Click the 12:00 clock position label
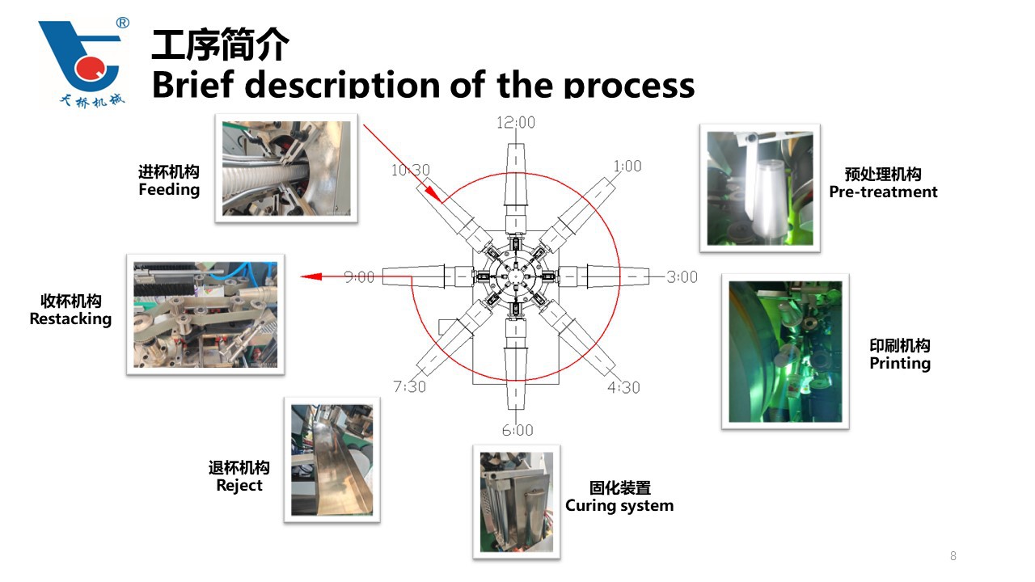(x=516, y=123)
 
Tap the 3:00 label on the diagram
(x=682, y=276)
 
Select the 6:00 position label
(x=517, y=430)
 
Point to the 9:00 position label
(x=359, y=276)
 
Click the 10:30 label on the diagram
(x=411, y=171)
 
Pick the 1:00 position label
(x=627, y=166)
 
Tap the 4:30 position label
(x=623, y=387)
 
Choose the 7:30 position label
(x=410, y=386)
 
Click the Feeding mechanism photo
(x=286, y=168)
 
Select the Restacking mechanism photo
(x=205, y=314)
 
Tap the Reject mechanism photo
(x=332, y=459)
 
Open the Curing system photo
(x=517, y=501)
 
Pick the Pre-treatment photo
(x=760, y=188)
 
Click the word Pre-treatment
(x=883, y=192)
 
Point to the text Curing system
(x=619, y=506)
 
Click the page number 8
(x=953, y=556)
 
